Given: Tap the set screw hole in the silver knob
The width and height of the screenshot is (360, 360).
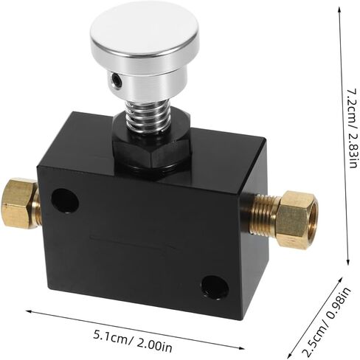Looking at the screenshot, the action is (x=116, y=80).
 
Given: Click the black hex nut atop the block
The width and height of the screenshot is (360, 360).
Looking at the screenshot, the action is (x=152, y=153).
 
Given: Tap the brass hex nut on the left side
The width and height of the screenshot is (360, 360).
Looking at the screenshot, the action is (x=20, y=203).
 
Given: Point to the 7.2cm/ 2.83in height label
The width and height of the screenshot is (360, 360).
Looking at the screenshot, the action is (x=353, y=128).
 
